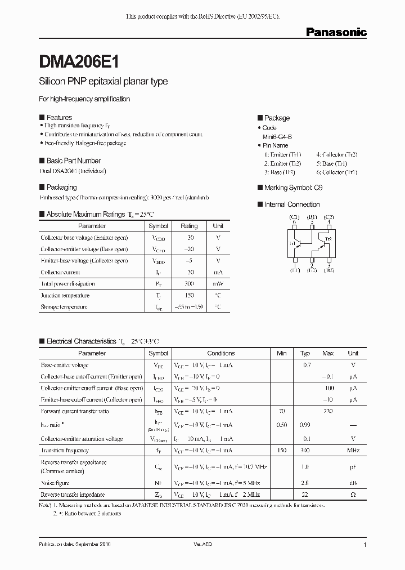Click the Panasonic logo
point(336,33)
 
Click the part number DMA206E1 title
point(78,61)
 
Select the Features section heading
point(58,118)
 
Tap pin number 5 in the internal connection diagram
point(312,222)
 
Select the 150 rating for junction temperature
point(189,295)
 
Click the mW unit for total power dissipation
point(218,284)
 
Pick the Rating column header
point(189,226)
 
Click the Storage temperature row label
point(64,307)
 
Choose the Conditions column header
point(221,353)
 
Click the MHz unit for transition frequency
point(353,451)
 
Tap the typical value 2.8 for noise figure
point(305,483)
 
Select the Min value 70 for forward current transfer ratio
point(282,411)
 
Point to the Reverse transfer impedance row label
point(73,495)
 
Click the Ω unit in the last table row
point(353,495)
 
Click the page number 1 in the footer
point(365,545)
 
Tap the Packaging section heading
point(61,187)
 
